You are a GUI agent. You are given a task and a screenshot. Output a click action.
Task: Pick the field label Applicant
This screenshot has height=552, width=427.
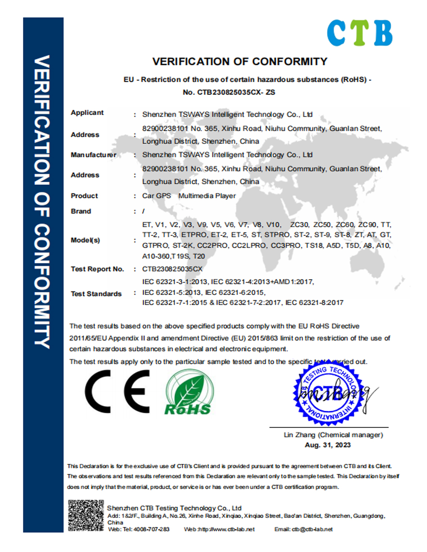pyautogui.click(x=87, y=113)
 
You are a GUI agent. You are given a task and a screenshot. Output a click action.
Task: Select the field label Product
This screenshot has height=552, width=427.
pyautogui.click(x=84, y=196)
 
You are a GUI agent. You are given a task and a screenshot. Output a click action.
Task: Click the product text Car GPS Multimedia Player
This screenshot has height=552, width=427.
pyautogui.click(x=189, y=196)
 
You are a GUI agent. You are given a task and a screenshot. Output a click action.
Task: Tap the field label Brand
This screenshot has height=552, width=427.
pyautogui.click(x=81, y=211)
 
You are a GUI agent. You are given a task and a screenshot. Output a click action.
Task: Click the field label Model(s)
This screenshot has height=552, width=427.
pyautogui.click(x=85, y=240)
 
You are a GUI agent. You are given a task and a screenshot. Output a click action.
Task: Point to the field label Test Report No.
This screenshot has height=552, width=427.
pyautogui.click(x=97, y=269)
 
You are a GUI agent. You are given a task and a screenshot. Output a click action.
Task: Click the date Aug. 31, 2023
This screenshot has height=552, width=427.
pyautogui.click(x=328, y=445)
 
